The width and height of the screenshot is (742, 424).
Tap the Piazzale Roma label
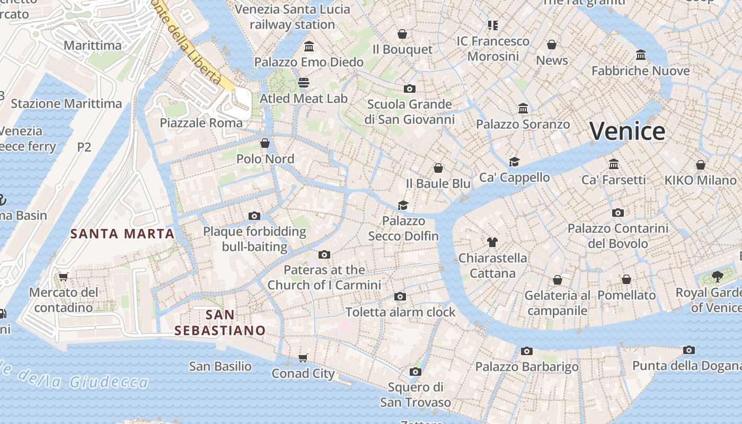coord(201,123)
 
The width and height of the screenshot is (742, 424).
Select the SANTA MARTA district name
coord(122,234)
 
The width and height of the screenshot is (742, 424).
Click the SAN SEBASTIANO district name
coord(220,323)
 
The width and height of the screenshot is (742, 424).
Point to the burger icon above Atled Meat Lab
coord(303,83)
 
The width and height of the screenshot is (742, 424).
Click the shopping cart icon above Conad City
coord(303,358)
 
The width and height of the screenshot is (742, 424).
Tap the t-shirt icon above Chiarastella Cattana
coord(492,242)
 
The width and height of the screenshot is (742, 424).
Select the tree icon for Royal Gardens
coord(717,277)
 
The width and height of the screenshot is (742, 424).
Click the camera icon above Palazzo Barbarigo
coord(526,351)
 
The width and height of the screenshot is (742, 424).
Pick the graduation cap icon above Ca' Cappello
coord(514,162)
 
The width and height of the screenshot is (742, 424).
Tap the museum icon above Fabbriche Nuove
coord(640,55)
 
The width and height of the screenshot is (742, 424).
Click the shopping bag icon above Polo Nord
coord(265,143)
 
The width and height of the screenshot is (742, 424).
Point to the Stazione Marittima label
coord(66,103)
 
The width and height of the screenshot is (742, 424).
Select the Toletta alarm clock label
coord(400,312)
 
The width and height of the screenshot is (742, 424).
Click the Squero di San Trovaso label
coord(416,394)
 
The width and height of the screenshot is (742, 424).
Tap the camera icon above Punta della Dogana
coord(688,350)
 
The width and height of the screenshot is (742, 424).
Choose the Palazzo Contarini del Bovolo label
coord(618,236)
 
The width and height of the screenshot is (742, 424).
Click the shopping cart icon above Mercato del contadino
coord(64,277)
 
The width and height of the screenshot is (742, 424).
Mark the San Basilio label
coord(220,366)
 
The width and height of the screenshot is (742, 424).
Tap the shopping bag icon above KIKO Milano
coord(701,165)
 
